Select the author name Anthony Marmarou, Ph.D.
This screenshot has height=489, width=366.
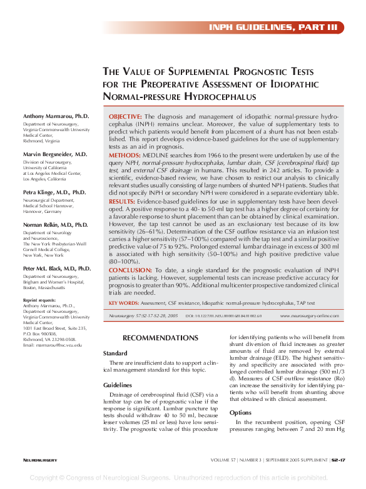click(56, 117)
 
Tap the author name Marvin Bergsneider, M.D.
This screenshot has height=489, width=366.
click(55, 154)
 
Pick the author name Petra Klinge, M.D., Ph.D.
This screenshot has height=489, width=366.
click(54, 192)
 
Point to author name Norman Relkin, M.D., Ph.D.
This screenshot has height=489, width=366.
click(56, 224)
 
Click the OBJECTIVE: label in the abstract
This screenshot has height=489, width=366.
click(125, 117)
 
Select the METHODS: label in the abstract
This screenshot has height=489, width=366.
click(124, 154)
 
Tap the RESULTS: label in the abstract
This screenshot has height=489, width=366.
click(122, 202)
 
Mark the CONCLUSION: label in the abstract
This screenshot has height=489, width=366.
click(129, 270)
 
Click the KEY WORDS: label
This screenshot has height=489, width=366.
click(124, 303)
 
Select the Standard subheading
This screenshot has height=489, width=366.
click(115, 353)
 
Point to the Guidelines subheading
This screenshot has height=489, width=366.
click(117, 385)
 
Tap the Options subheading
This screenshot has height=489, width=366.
click(240, 413)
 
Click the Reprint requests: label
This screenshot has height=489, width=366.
click(39, 300)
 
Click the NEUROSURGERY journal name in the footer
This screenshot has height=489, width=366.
click(40, 460)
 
